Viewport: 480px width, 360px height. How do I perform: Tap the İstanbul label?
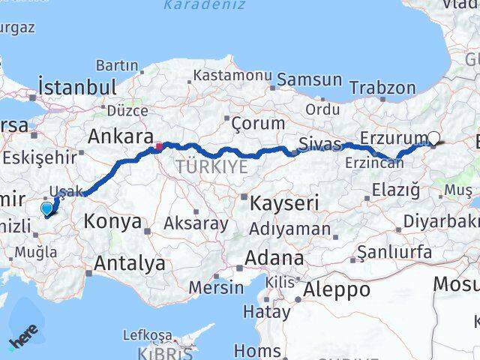pyautogui.click(x=77, y=86)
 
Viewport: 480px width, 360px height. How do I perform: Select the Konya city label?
pyautogui.click(x=112, y=221)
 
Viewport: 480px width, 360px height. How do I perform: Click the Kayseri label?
pyautogui.click(x=285, y=202)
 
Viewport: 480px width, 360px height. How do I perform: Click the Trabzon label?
pyautogui.click(x=382, y=88)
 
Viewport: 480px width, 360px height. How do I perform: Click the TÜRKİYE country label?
pyautogui.click(x=211, y=167)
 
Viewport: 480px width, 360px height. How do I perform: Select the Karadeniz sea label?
pyautogui.click(x=204, y=6)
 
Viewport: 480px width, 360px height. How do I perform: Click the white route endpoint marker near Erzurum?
pyautogui.click(x=433, y=137)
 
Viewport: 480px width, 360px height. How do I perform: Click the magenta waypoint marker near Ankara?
pyautogui.click(x=159, y=145)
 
